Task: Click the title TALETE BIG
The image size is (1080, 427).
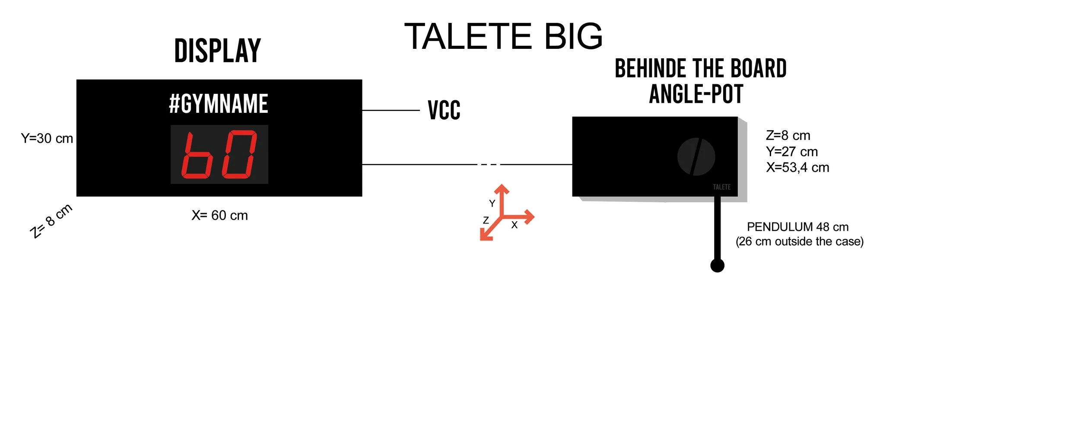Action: point(503,36)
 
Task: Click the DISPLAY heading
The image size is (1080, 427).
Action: point(218,51)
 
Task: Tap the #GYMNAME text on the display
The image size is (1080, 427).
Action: point(219,104)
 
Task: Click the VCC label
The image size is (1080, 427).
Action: point(444,110)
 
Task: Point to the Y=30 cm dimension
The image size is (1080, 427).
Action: point(47,139)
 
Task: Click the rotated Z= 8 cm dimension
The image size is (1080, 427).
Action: point(51,221)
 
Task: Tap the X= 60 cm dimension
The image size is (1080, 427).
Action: point(219,215)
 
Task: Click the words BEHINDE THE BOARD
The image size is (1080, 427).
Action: point(700,69)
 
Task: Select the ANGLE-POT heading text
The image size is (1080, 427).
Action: point(696,95)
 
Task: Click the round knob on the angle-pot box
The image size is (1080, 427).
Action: point(696,157)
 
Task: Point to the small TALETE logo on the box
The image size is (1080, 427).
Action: point(721,187)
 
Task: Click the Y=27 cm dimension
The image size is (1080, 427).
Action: point(792,152)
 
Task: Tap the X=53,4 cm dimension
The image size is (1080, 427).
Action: point(797,168)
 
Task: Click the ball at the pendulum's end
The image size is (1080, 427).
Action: point(717,265)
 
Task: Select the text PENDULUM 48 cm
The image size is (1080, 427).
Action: point(797,227)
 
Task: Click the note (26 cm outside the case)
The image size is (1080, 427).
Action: point(800,242)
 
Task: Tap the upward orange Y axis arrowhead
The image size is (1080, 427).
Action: point(502,189)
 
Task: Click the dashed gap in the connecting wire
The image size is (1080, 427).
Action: point(489,165)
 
